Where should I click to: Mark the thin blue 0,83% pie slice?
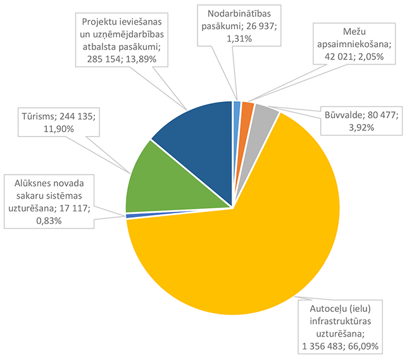pos(130,216)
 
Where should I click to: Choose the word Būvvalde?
pos(344,115)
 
